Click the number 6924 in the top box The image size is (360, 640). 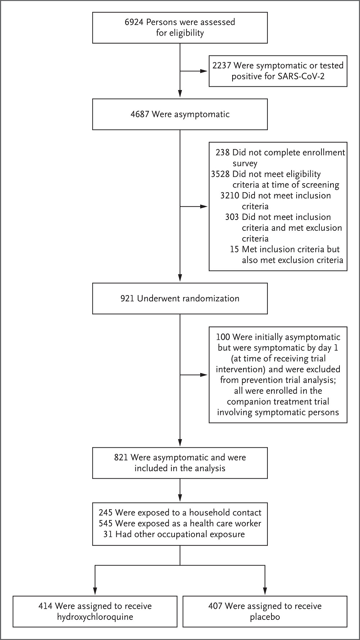(x=134, y=22)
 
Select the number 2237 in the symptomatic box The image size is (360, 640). (x=222, y=66)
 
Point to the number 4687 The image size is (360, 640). (x=140, y=114)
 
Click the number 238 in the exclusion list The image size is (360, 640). (x=222, y=153)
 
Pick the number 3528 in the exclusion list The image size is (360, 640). (x=220, y=174)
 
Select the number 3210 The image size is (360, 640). (x=230, y=196)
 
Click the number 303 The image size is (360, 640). (x=232, y=217)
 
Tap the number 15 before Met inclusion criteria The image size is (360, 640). (x=235, y=249)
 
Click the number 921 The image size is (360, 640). (x=127, y=299)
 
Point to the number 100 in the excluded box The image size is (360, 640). (x=223, y=337)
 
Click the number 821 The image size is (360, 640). (x=121, y=458)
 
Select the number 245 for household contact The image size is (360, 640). (x=105, y=513)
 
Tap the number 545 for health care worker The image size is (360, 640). (x=105, y=524)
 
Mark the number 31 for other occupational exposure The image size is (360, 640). (x=108, y=535)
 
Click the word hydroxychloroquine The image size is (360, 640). (x=95, y=617)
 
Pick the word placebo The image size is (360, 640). (x=265, y=617)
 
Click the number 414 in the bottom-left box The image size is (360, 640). (x=45, y=606)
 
